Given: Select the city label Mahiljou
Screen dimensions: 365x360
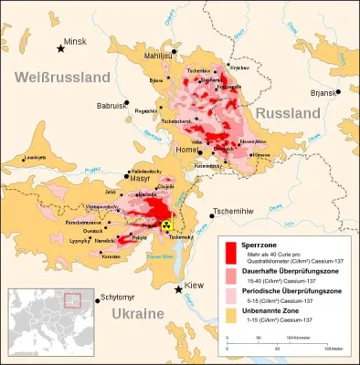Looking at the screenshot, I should click(161, 55).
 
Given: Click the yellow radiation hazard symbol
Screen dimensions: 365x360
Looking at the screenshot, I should click(166, 224).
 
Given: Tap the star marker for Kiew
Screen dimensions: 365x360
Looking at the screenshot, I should click(180, 288).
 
